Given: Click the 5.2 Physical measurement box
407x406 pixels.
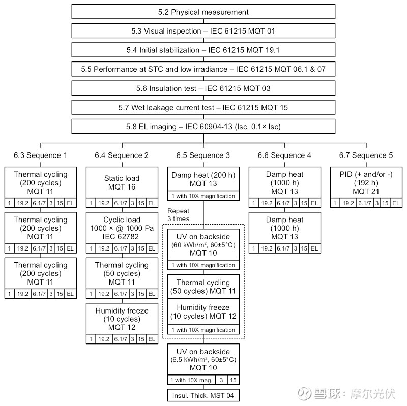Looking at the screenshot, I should [x=203, y=12].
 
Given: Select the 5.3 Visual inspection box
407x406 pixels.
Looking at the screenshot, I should [x=203, y=31].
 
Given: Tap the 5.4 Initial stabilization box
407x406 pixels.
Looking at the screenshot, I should [x=203, y=50].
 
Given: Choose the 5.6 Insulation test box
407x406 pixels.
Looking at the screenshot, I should [x=203, y=88].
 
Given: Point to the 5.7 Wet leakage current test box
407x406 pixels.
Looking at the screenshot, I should [x=203, y=107].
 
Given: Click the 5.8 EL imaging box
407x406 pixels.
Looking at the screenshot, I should [x=203, y=126].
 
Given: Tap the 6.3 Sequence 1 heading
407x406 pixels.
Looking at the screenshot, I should [x=40, y=155].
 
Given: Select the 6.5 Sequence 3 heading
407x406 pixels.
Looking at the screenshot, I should [x=203, y=155].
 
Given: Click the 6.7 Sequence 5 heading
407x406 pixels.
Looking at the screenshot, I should [x=366, y=155].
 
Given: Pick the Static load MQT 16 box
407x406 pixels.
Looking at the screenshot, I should [x=122, y=182].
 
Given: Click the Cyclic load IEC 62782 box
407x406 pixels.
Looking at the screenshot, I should [x=122, y=228].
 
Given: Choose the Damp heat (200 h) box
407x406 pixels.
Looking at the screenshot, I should [x=203, y=179].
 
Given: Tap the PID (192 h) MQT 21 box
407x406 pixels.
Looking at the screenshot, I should [x=366, y=182].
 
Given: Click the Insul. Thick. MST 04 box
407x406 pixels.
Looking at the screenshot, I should [x=203, y=395].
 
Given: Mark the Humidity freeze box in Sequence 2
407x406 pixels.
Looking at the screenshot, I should [x=122, y=319].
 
